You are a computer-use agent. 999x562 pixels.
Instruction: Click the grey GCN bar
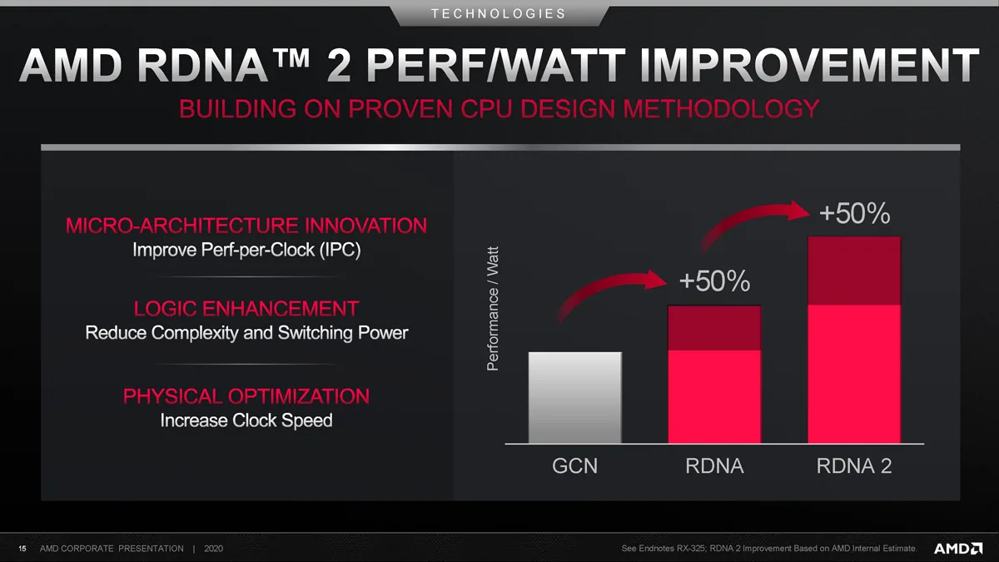(x=575, y=397)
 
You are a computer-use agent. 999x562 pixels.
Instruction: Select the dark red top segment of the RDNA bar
(x=714, y=328)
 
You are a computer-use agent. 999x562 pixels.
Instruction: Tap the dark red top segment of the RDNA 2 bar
(x=854, y=271)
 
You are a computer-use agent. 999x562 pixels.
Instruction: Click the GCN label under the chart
(x=575, y=466)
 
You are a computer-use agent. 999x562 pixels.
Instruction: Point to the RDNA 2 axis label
(x=854, y=466)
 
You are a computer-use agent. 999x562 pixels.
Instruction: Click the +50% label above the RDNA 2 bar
(x=854, y=213)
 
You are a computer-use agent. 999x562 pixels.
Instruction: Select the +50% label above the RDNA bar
(x=714, y=281)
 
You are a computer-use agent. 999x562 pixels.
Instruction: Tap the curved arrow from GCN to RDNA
(x=607, y=285)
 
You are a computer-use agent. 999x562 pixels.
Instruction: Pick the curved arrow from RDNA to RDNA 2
(x=749, y=215)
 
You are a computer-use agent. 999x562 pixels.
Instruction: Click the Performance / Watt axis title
(x=492, y=309)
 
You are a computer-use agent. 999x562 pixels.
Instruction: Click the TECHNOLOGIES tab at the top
(x=499, y=14)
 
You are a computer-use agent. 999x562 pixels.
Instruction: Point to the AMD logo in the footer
(x=958, y=548)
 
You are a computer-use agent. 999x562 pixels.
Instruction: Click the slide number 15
(x=22, y=549)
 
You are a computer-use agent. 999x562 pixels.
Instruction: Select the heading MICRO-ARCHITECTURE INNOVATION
(x=246, y=226)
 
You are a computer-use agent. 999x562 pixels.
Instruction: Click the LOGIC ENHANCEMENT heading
(x=246, y=309)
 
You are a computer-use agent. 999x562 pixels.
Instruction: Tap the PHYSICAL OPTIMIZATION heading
(x=246, y=396)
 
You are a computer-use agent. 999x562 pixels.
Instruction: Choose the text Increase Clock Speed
(x=246, y=420)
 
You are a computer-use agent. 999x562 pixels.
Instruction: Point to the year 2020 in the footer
(x=213, y=549)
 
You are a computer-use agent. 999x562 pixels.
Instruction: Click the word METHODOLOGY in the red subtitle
(x=721, y=108)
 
